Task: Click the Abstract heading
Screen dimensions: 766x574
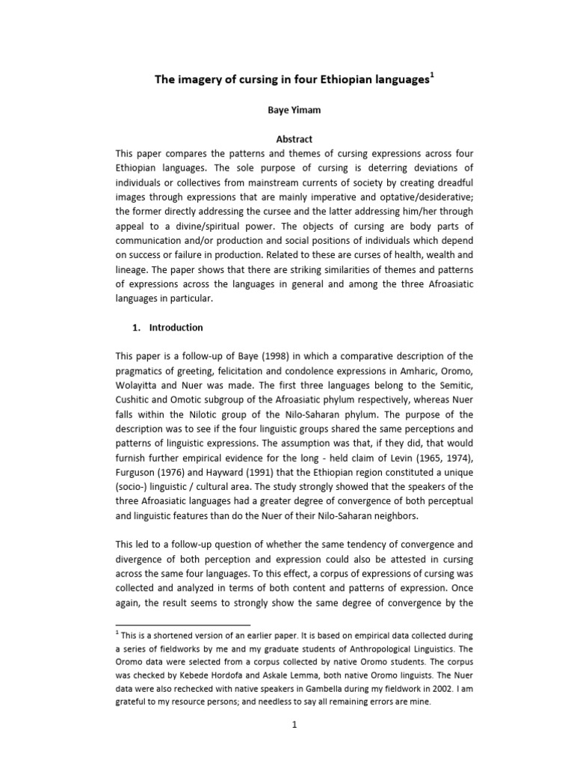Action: pos(287,139)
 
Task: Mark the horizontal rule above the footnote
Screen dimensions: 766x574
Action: pos(182,624)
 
